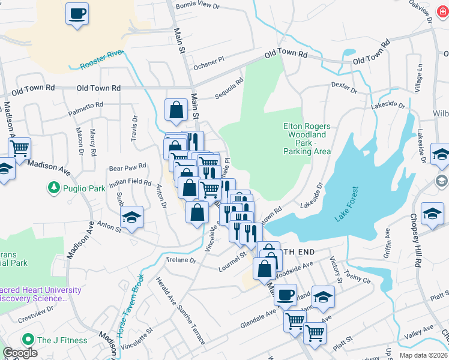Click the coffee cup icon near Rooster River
(x=77, y=13)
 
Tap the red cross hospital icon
(x=442, y=12)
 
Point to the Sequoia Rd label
(x=230, y=90)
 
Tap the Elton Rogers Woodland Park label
(x=307, y=139)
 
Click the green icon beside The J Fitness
(x=27, y=340)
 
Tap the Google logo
(x=20, y=353)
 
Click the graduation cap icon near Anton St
(x=132, y=217)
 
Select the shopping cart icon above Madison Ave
(x=20, y=146)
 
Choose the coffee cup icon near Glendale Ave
(x=286, y=294)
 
